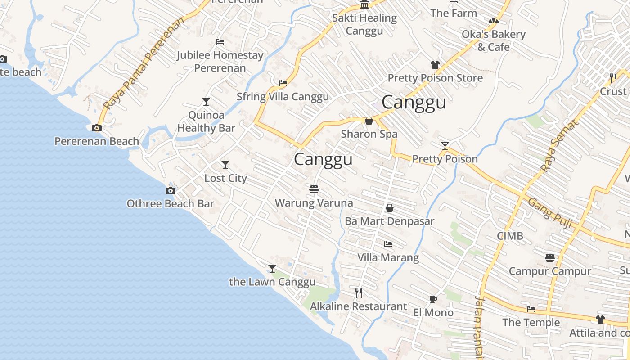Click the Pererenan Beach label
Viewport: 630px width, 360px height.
97,141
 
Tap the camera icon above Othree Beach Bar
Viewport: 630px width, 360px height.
171,190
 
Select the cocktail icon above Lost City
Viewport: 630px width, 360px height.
225,165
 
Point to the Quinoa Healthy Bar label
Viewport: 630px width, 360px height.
206,121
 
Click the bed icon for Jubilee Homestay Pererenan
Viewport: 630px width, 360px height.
220,42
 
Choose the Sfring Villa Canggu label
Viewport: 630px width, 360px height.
283,97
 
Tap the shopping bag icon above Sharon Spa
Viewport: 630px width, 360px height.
369,121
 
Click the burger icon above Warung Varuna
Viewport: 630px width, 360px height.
314,189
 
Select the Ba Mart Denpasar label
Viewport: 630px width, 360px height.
389,221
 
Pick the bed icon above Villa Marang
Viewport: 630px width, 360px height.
388,244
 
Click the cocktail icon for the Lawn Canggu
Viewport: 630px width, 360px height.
272,269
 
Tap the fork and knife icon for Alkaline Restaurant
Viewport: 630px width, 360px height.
359,293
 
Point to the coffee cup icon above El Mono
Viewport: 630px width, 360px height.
433,299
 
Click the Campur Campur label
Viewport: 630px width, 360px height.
549,271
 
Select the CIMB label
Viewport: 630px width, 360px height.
510,236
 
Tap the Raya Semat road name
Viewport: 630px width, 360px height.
558,146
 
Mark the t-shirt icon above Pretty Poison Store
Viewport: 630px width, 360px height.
435,65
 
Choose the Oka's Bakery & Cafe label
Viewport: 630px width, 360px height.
494,40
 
